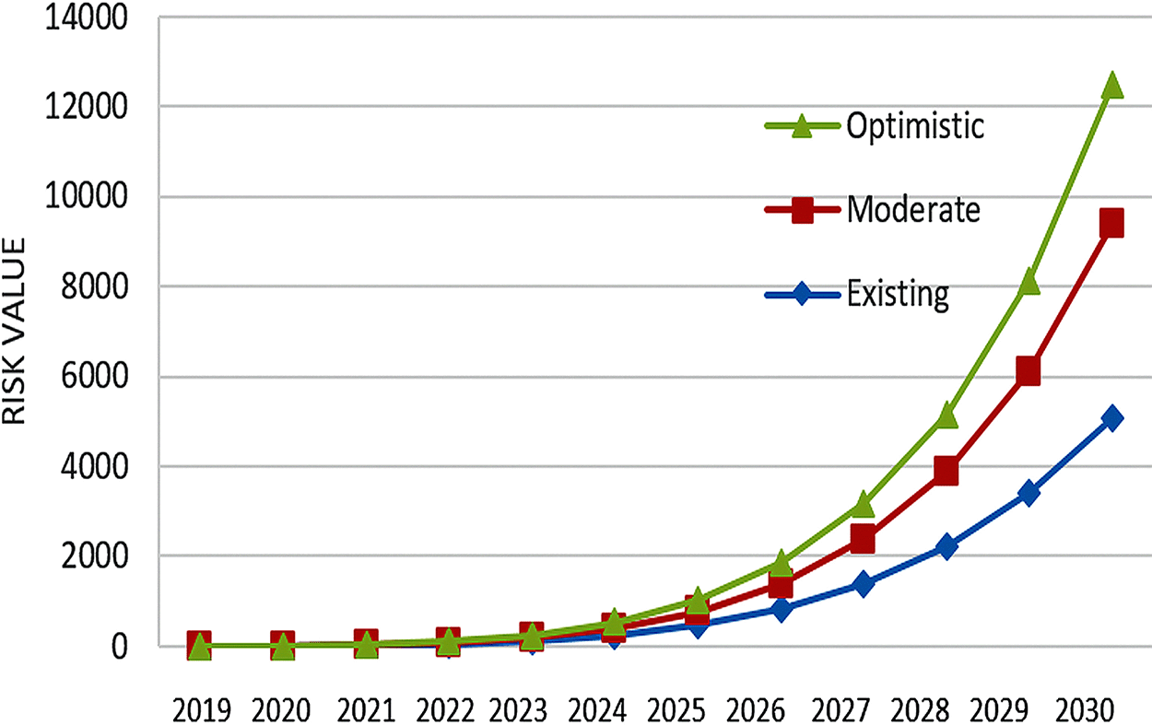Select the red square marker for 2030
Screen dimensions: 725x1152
click(1111, 223)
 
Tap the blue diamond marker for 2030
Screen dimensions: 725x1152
click(1111, 418)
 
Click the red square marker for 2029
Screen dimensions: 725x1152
click(1029, 371)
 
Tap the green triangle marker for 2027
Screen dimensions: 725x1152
click(864, 504)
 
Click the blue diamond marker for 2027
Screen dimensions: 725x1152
click(864, 584)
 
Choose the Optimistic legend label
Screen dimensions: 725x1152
click(915, 126)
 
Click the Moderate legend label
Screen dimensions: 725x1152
click(912, 210)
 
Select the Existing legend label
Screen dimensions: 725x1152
click(898, 295)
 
